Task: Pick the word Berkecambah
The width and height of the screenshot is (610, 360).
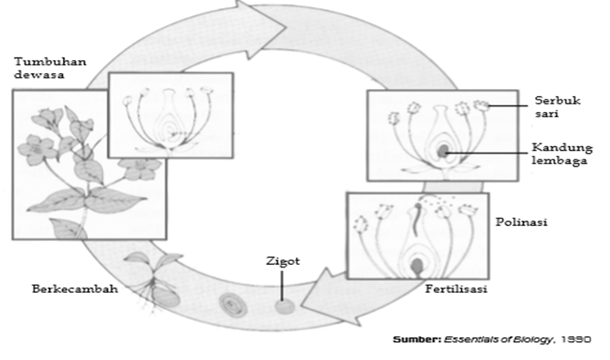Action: pos(75,288)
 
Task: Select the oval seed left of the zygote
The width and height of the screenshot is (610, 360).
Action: pos(230,302)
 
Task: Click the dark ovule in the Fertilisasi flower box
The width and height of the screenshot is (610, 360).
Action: pos(417,267)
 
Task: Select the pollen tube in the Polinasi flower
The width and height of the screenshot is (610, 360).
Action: pos(417,222)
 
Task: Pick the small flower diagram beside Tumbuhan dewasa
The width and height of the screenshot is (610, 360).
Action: pos(171,115)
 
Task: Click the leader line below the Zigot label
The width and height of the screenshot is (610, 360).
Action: pos(282,284)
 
